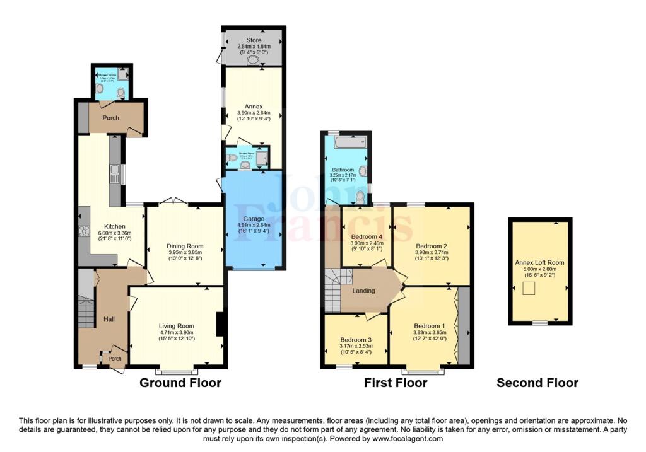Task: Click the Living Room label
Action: (176, 325)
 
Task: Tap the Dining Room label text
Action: (185, 246)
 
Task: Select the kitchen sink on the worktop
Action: (115, 174)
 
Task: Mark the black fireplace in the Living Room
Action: (219, 324)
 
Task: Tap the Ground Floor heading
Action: (180, 383)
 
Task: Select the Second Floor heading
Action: (537, 383)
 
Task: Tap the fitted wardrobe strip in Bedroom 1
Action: (463, 327)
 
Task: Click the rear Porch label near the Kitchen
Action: (111, 118)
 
